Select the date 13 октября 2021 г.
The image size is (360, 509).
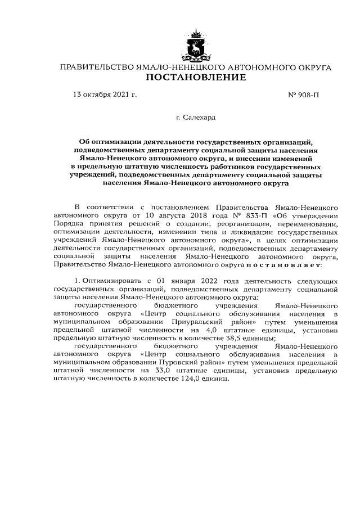click(105, 95)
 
